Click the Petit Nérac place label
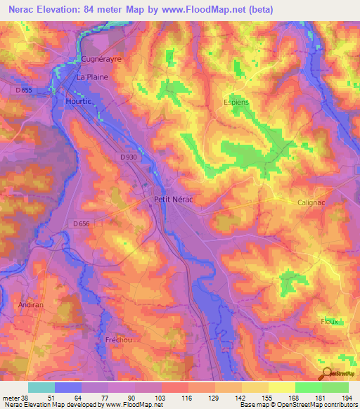click(x=173, y=200)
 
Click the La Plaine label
click(x=92, y=77)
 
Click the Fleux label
click(x=329, y=321)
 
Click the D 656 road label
click(x=82, y=223)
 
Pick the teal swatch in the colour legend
click(x=41, y=387)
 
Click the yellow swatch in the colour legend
click(x=282, y=387)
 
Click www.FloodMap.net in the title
click(x=209, y=10)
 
